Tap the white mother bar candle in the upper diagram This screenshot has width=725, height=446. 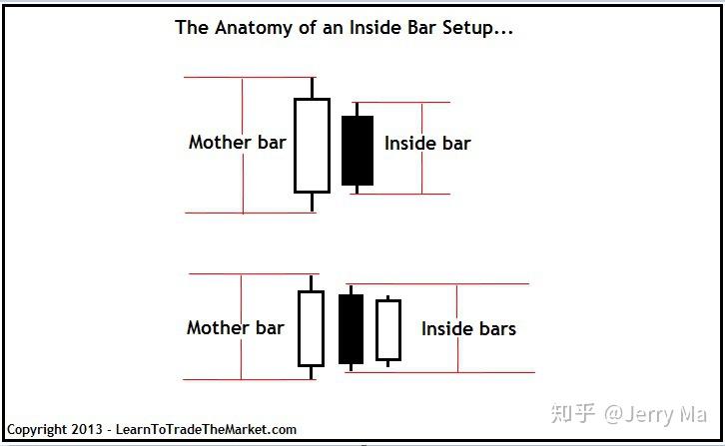click(312, 145)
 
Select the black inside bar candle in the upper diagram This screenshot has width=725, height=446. click(358, 151)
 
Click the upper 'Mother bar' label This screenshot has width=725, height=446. click(237, 142)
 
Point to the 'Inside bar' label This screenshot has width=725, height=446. click(427, 144)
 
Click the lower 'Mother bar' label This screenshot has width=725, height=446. click(235, 327)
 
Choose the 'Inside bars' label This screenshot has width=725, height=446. click(468, 328)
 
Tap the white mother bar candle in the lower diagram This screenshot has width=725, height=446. click(311, 328)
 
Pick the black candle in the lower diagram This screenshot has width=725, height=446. click(351, 329)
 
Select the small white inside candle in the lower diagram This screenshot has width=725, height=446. click(387, 330)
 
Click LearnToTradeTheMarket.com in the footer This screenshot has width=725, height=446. click(207, 430)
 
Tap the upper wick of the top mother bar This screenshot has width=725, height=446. click(313, 88)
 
